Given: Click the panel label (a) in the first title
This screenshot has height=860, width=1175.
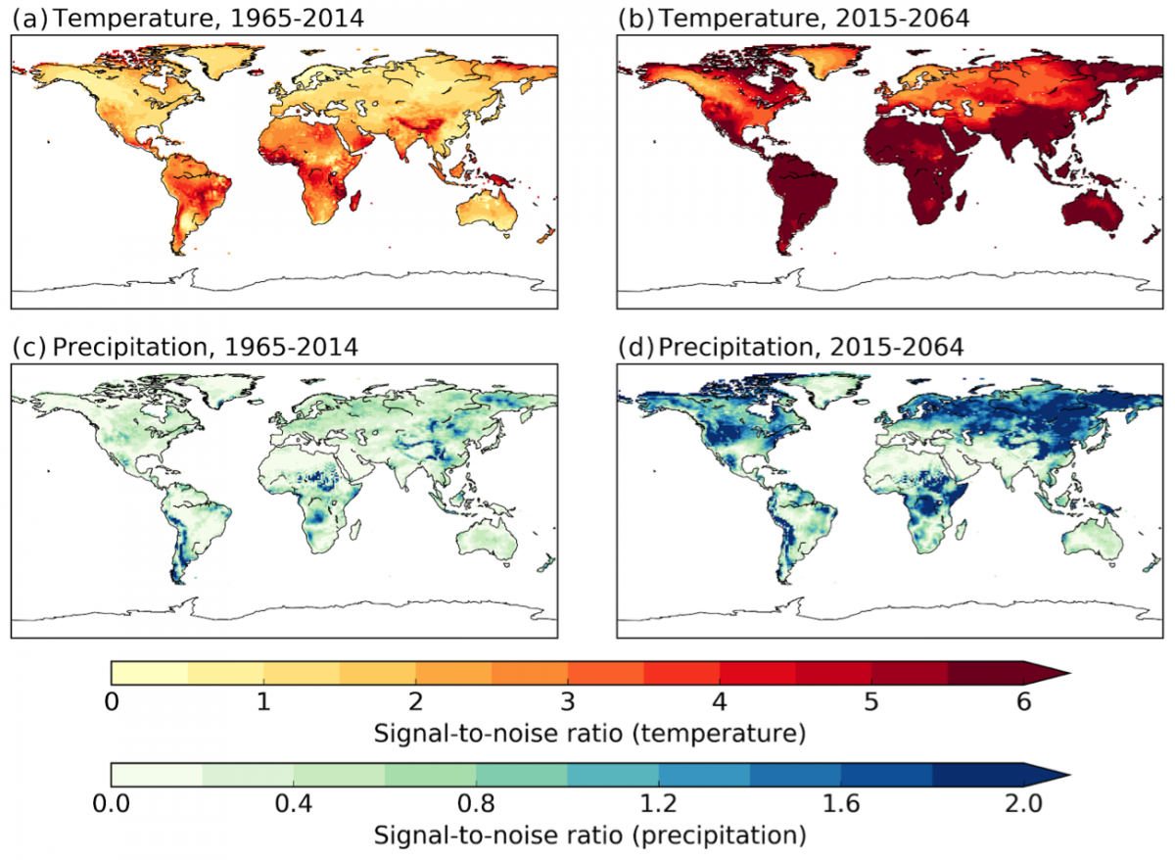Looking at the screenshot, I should coord(26,16).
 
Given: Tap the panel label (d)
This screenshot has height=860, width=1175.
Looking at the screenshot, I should coord(636,346).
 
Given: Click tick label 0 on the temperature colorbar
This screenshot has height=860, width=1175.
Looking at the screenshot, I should coord(112,702).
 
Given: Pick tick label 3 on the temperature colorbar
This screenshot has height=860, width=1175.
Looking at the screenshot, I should coord(568,702).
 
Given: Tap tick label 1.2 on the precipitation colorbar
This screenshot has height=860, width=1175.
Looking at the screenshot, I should coord(659,805).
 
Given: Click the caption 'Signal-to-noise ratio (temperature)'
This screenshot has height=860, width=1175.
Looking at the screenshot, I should coord(568,732).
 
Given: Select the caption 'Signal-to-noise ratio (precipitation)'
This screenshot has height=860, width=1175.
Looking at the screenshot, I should coord(568,836).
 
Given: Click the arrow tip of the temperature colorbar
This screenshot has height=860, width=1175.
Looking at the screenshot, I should coord(1064,673).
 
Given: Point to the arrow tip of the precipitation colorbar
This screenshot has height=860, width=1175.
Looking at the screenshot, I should coord(1064,775).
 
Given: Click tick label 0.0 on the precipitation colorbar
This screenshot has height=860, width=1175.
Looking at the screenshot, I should coord(112,805).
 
